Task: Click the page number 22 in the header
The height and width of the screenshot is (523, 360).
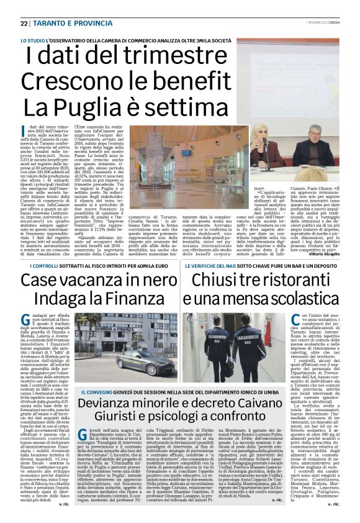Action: (24, 24)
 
